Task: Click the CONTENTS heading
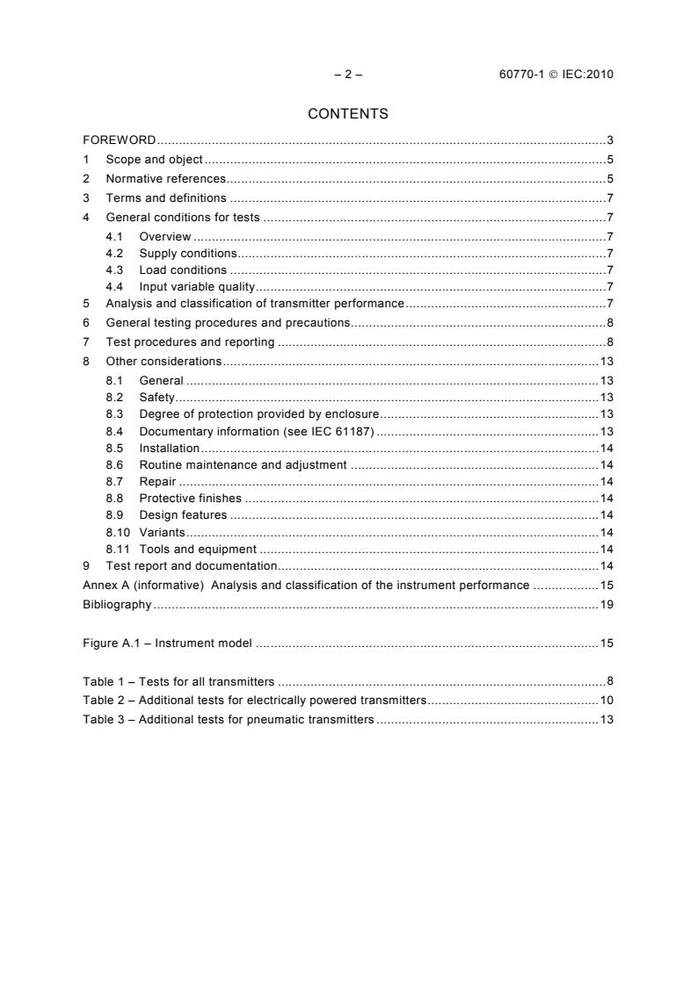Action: [348, 114]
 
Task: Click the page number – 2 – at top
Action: [348, 75]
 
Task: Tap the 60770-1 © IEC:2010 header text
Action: [555, 75]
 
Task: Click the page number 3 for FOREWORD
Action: [610, 140]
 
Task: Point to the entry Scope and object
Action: [154, 160]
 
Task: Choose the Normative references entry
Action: [166, 179]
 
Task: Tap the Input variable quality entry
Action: [197, 287]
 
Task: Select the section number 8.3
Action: [114, 414]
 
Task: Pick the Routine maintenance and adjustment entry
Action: [243, 464]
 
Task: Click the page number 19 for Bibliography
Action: [606, 604]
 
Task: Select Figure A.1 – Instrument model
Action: [168, 643]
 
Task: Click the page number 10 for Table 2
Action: [606, 701]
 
